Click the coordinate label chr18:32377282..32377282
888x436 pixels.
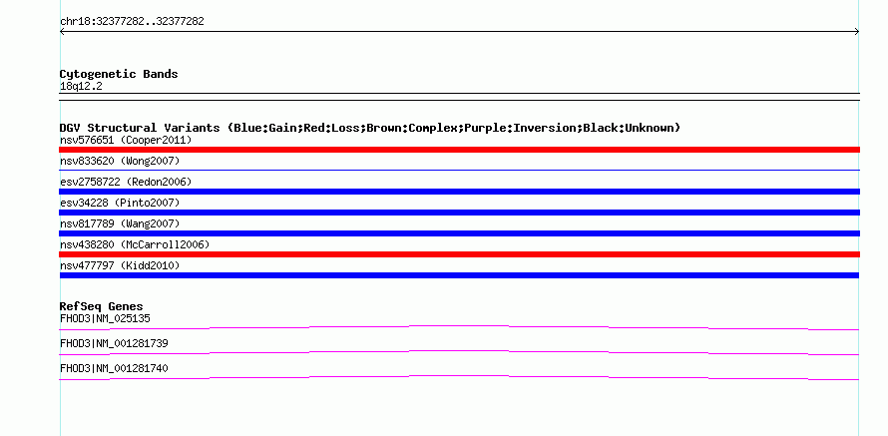[x=132, y=22]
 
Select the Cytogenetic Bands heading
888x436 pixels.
[x=119, y=74]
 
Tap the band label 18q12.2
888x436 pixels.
[x=81, y=87]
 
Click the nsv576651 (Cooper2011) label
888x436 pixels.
[x=126, y=140]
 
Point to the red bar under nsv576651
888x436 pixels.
[x=459, y=150]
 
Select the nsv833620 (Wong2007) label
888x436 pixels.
[x=120, y=161]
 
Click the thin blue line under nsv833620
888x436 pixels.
[x=459, y=170]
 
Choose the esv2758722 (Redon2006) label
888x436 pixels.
[x=126, y=182]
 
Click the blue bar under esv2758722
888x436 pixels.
[x=459, y=192]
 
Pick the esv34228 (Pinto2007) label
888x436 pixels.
[x=120, y=203]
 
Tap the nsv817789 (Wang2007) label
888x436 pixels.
[x=120, y=223]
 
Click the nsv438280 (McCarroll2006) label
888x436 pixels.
[x=135, y=244]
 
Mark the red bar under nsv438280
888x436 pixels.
[x=459, y=254]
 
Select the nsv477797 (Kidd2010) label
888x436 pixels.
[x=120, y=265]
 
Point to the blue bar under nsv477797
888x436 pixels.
[x=459, y=275]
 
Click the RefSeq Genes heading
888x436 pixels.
[x=102, y=306]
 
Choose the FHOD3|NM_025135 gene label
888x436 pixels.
[x=105, y=318]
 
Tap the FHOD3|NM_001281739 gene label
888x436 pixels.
[x=114, y=343]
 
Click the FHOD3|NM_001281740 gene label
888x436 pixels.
[x=114, y=368]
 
